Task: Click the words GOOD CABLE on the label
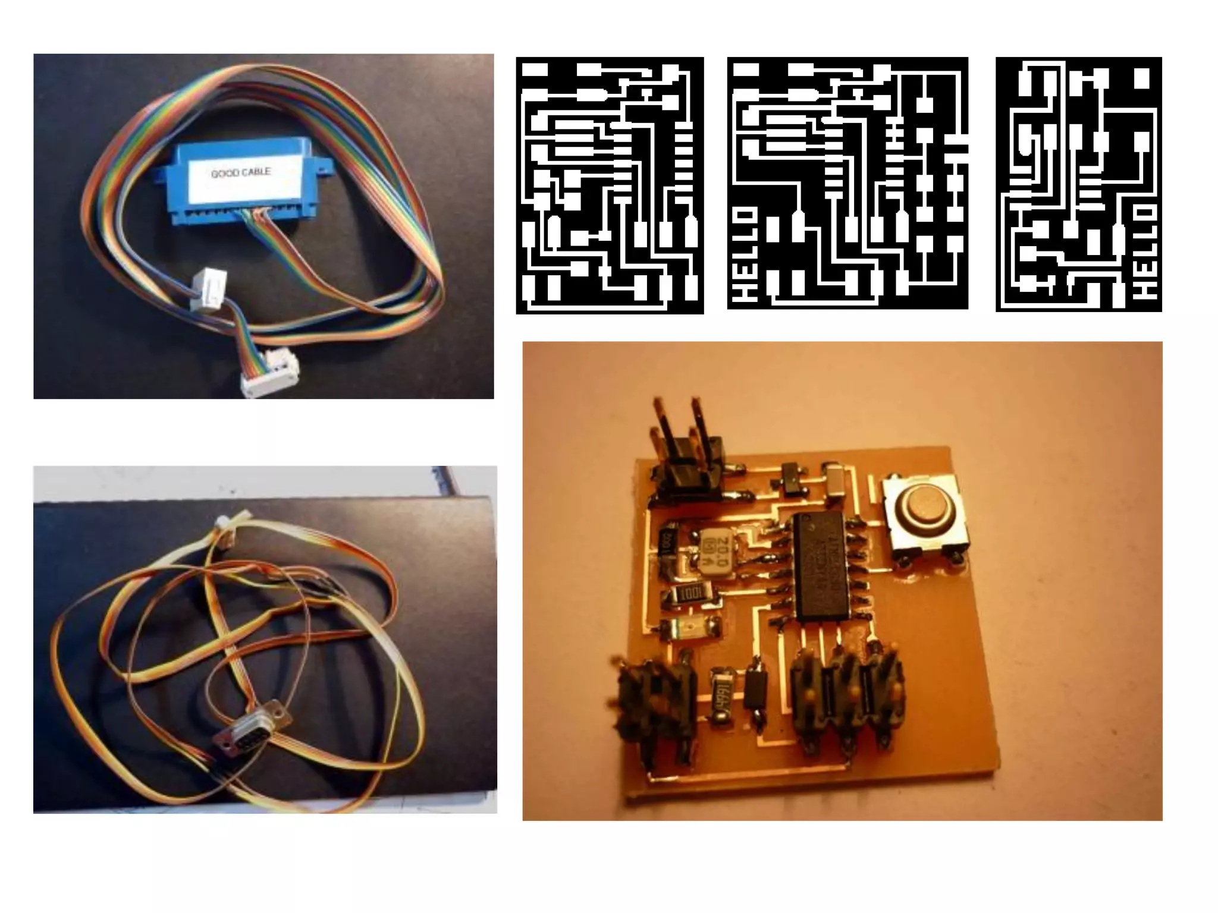tap(241, 173)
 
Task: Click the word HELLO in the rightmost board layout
tap(1144, 252)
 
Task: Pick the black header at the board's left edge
tap(657, 701)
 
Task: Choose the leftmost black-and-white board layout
tap(610, 185)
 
